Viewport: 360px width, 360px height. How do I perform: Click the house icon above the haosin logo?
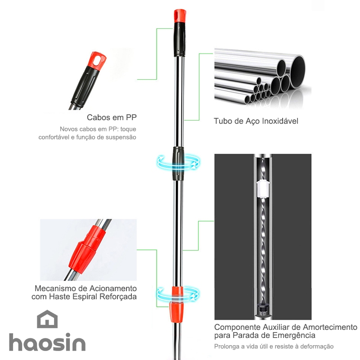click(47, 319)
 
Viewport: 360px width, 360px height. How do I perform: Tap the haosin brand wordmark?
click(47, 342)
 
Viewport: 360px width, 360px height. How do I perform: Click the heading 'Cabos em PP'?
click(112, 117)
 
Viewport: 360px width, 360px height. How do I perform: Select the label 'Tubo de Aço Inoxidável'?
click(256, 121)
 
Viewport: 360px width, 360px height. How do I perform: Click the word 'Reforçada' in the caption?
click(118, 297)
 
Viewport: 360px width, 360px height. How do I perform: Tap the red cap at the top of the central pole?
click(180, 16)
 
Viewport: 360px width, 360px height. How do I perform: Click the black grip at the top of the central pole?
click(180, 40)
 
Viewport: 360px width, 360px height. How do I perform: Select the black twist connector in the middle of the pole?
click(178, 163)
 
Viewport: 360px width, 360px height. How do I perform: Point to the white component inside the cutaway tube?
click(263, 188)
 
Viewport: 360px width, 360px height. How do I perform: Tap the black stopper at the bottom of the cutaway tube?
click(263, 309)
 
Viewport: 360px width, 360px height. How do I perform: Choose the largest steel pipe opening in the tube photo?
click(298, 72)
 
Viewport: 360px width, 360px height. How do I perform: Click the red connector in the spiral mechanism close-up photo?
click(87, 250)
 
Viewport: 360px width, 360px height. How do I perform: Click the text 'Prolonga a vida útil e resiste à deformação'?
click(274, 346)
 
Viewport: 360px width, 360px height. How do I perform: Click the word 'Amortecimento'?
click(330, 327)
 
